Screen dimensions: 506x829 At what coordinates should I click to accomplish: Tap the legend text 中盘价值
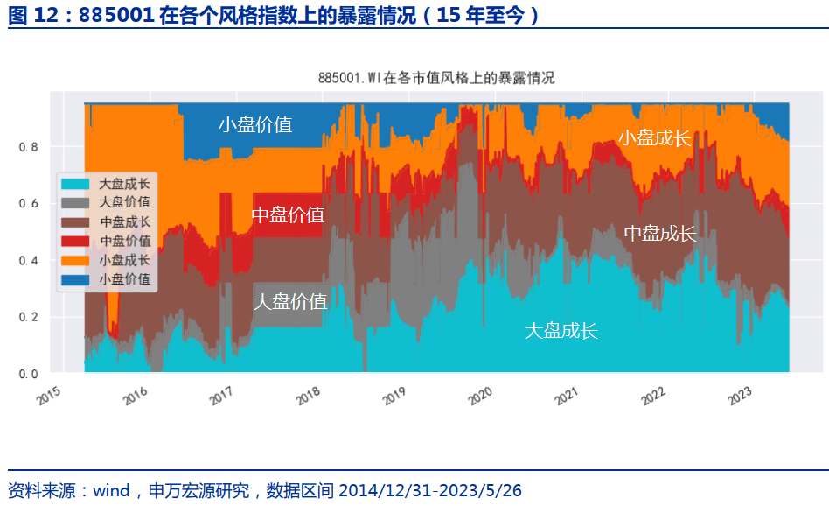[x=125, y=241]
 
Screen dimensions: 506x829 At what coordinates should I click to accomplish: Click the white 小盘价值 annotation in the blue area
[x=255, y=124]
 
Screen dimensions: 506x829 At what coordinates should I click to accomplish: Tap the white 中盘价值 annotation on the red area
[x=288, y=215]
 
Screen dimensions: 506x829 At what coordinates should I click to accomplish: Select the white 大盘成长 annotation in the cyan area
[x=561, y=331]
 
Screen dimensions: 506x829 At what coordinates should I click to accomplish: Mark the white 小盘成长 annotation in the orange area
[x=655, y=137]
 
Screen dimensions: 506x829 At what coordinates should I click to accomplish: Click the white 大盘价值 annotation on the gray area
[x=290, y=302]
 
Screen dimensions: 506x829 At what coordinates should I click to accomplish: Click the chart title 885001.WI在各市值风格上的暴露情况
[x=437, y=78]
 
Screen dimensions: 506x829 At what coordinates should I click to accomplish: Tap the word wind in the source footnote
[x=111, y=490]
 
